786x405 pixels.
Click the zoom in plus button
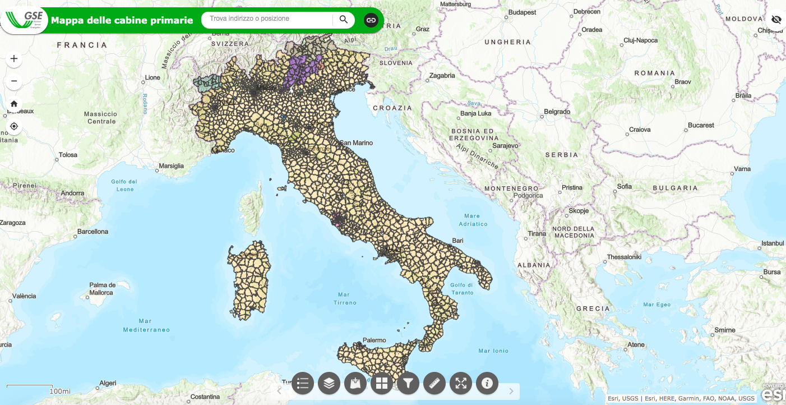point(14,58)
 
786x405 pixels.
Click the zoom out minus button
point(14,81)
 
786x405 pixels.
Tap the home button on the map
point(14,104)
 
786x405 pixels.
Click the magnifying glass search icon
point(344,20)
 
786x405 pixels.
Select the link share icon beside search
point(371,20)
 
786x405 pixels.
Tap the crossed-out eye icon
point(776,20)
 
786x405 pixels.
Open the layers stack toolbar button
point(329,383)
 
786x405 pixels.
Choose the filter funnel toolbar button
point(408,383)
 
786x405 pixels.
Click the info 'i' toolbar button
point(487,383)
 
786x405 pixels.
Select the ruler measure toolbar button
point(434,383)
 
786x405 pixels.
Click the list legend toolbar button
point(303,383)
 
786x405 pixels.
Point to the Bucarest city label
point(701,125)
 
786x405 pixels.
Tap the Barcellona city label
point(93,231)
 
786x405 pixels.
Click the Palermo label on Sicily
point(374,340)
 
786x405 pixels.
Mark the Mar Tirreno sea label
point(344,298)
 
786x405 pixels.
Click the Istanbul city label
point(773,243)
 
